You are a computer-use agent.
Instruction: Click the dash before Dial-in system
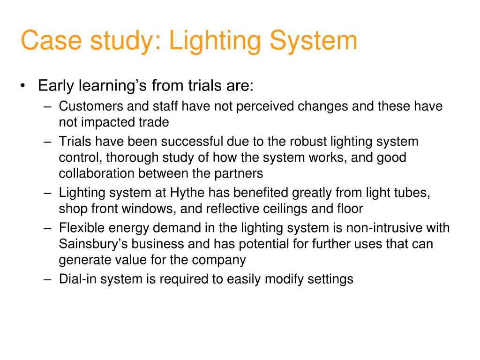pos(48,279)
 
